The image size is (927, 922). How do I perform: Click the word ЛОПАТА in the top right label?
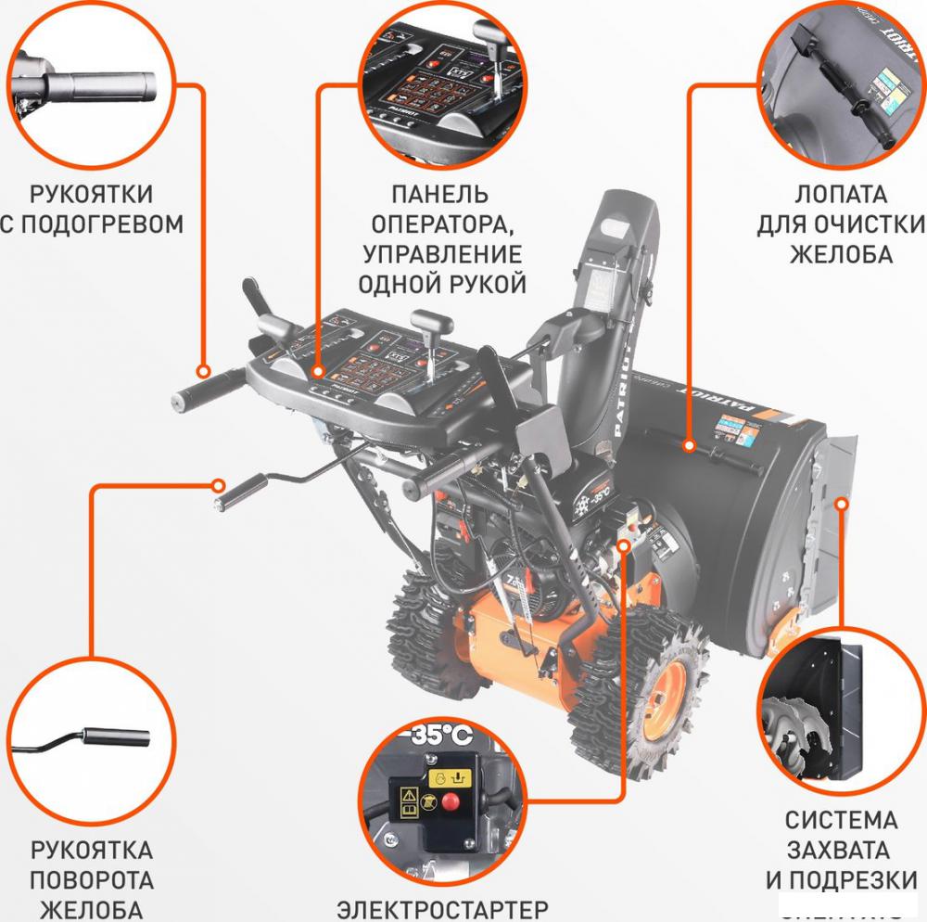coord(841,195)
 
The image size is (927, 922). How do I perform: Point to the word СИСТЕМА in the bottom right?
coord(841,820)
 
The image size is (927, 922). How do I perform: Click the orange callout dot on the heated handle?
coord(204,367)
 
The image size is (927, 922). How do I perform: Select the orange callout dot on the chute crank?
coord(219,484)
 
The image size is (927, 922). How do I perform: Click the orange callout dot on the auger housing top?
coord(690,446)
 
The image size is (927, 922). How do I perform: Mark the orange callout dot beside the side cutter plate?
coord(842,504)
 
